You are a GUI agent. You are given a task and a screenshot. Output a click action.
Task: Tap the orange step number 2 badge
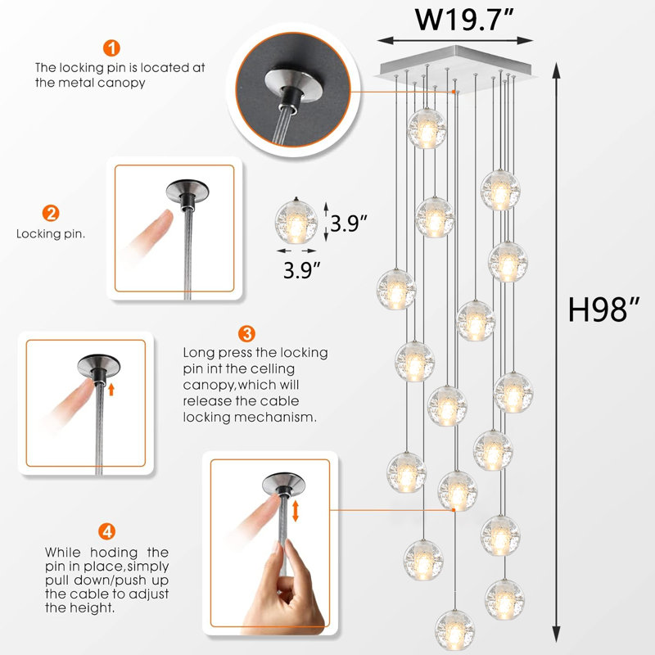click(x=51, y=214)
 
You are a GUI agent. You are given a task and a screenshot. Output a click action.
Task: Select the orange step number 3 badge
click(x=246, y=333)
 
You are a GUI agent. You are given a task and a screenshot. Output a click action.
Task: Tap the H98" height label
click(x=604, y=310)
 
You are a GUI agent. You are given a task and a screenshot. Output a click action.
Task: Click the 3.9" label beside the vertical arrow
click(x=348, y=222)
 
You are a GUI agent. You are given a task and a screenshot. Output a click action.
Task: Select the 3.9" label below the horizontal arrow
click(x=302, y=268)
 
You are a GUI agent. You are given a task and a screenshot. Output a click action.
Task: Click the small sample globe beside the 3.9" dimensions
click(x=295, y=222)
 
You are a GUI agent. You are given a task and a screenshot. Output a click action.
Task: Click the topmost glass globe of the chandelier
click(x=427, y=128)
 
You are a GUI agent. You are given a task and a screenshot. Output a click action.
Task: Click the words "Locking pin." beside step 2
click(x=51, y=233)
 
